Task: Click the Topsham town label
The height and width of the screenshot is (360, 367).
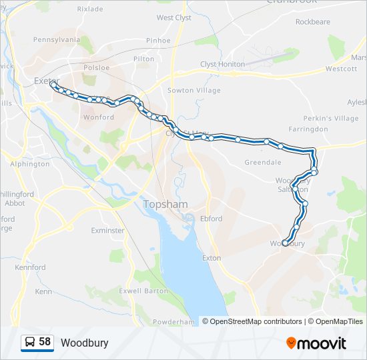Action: (165, 203)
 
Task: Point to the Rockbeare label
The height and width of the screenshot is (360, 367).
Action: (312, 22)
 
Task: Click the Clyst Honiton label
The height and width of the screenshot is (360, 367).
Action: (223, 64)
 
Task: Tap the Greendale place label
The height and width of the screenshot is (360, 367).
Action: (262, 162)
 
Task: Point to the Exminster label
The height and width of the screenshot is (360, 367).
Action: (107, 231)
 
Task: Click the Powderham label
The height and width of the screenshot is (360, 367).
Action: (173, 322)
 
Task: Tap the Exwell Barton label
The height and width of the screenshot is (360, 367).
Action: (143, 291)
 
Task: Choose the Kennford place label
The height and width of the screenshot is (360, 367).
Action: (31, 267)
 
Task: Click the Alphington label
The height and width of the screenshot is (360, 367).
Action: (30, 163)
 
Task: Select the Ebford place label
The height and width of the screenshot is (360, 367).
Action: (212, 218)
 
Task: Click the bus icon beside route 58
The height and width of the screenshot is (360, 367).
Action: (29, 343)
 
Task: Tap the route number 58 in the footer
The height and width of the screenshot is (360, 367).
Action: (45, 342)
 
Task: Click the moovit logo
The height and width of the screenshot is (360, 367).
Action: (316, 343)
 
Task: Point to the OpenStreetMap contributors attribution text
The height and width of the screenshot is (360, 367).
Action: (256, 321)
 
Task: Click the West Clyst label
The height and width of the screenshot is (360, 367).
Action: (173, 18)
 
